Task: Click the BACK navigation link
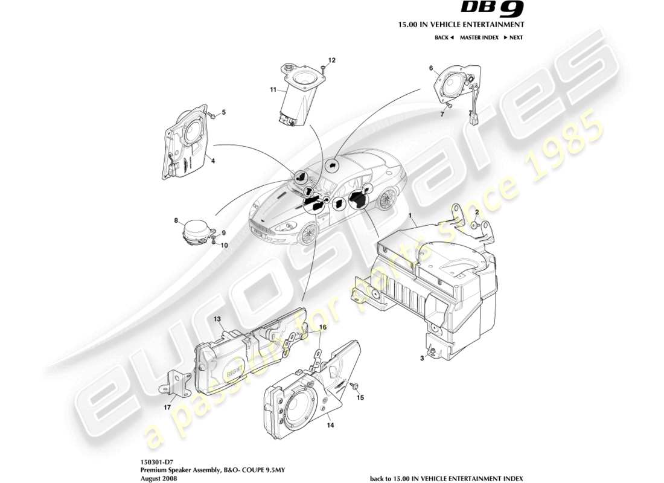(x=444, y=37)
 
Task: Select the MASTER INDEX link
(x=479, y=37)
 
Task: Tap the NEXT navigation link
(x=513, y=37)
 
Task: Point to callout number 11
(x=273, y=90)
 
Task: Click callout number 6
(x=431, y=68)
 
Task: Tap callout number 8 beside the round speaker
(x=176, y=220)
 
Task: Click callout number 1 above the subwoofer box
(x=410, y=216)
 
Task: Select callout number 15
(x=361, y=398)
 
